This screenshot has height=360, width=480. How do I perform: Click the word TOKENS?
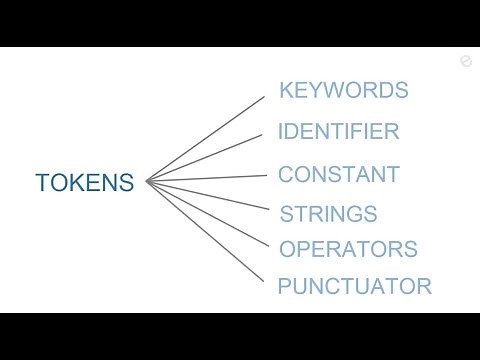tap(84, 184)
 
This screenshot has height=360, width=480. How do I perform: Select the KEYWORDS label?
tap(343, 90)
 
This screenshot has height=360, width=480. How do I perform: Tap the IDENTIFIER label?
tap(338, 131)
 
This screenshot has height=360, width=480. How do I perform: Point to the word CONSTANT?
tap(338, 175)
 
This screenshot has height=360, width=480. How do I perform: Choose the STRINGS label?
tap(328, 214)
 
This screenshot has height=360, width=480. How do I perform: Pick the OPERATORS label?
tap(347, 249)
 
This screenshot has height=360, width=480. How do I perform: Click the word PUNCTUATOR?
tap(354, 287)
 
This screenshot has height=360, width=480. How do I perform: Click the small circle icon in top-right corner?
tap(465, 62)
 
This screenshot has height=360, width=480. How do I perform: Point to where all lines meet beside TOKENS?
tap(147, 182)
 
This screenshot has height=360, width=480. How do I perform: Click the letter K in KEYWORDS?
tap(286, 90)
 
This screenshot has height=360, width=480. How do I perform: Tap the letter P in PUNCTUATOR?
tap(284, 287)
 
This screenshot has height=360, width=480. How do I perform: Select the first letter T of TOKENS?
tap(42, 184)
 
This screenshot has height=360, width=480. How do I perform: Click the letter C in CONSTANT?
tap(286, 175)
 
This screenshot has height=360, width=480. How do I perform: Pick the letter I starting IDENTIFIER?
tap(280, 131)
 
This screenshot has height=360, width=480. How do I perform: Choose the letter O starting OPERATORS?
tap(288, 249)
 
